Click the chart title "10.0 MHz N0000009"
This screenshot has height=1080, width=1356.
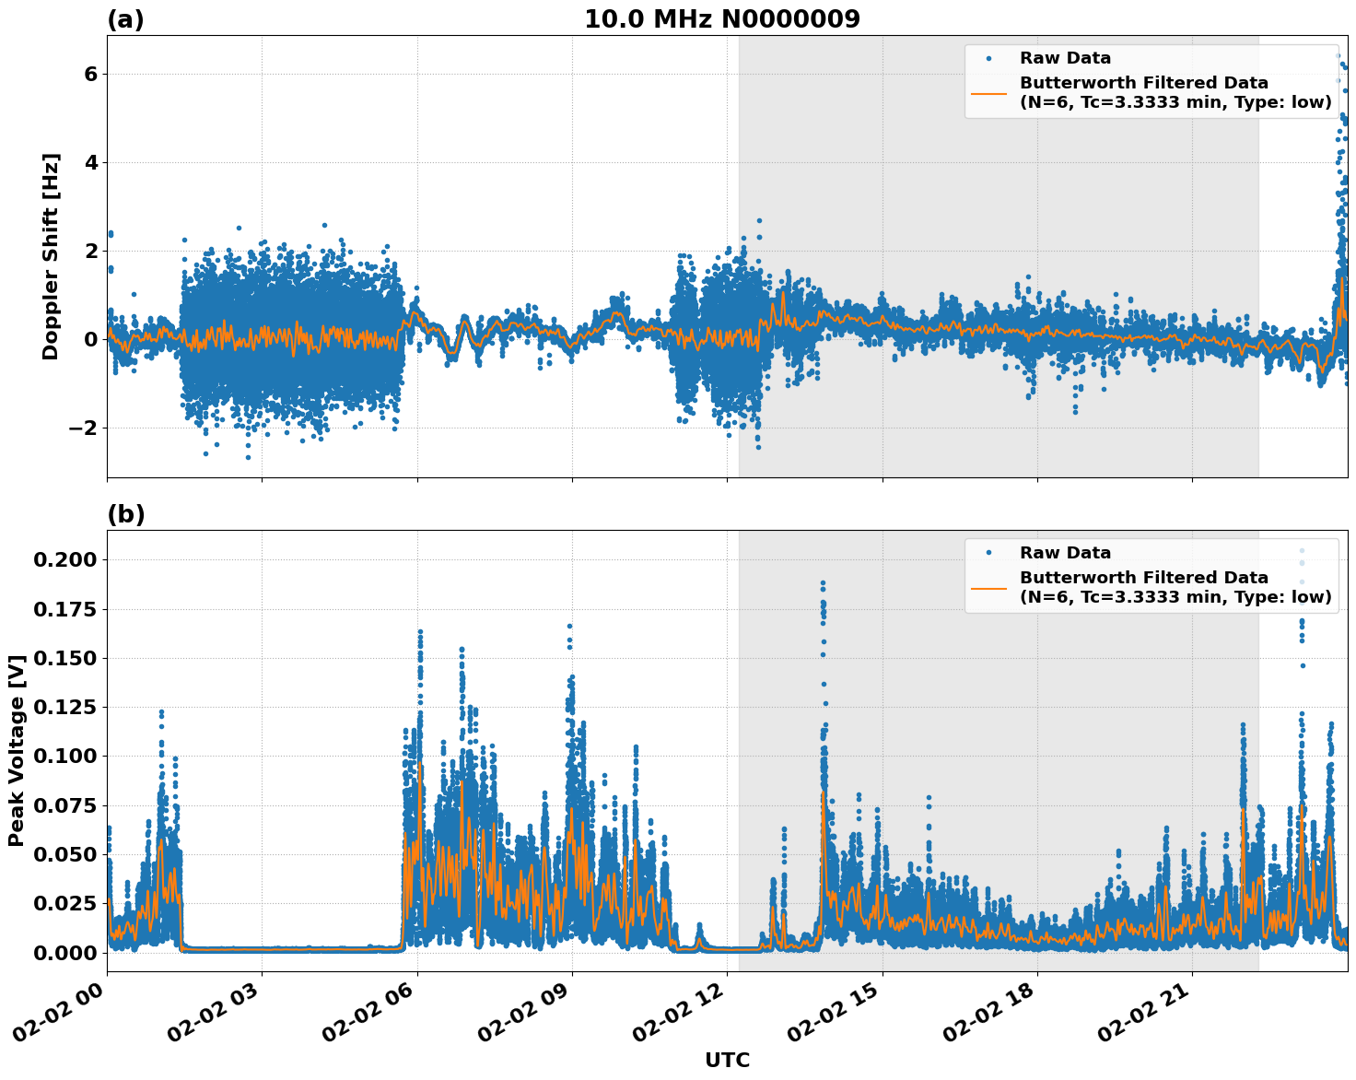click(x=721, y=19)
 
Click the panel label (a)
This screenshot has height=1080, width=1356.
click(x=125, y=19)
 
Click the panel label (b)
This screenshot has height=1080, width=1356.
click(x=125, y=514)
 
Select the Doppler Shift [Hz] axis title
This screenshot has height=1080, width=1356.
click(x=51, y=256)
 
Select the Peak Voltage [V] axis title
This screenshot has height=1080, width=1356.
click(x=17, y=751)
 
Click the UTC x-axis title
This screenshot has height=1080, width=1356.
click(x=727, y=1061)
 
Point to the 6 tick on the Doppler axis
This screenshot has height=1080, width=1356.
click(x=90, y=74)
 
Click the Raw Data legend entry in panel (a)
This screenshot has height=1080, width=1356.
click(x=1065, y=58)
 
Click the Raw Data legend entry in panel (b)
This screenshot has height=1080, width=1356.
click(x=1065, y=553)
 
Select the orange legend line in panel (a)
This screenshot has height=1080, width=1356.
click(x=989, y=93)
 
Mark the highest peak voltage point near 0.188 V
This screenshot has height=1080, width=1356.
click(x=823, y=583)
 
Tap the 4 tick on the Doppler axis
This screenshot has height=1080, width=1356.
click(x=90, y=162)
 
